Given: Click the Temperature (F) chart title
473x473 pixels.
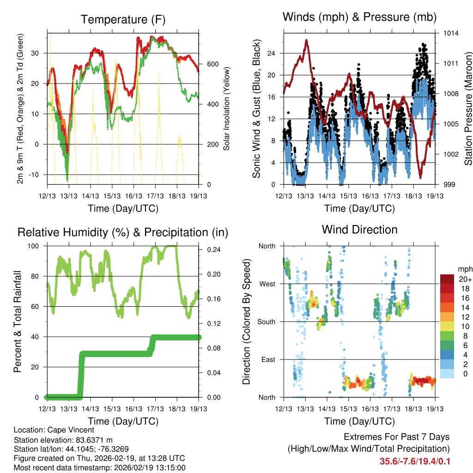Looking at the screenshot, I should pyautogui.click(x=123, y=20).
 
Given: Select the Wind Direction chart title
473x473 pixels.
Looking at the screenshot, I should pyautogui.click(x=359, y=230).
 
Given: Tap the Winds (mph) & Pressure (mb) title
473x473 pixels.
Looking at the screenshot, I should pyautogui.click(x=359, y=18).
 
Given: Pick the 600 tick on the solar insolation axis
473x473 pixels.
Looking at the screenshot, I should pyautogui.click(x=212, y=64).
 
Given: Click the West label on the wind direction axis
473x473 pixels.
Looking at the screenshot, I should pyautogui.click(x=268, y=284).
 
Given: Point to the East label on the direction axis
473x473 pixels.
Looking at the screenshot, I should pyautogui.click(x=268, y=359).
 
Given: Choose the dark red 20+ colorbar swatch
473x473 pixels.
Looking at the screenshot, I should pyautogui.click(x=448, y=279).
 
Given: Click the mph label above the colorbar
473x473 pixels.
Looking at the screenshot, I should pyautogui.click(x=464, y=269).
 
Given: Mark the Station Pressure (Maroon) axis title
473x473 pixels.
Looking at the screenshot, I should pyautogui.click(x=467, y=109).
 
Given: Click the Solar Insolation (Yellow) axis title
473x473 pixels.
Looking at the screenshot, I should pyautogui.click(x=227, y=109).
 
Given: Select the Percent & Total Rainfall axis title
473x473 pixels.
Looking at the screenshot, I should pyautogui.click(x=18, y=322).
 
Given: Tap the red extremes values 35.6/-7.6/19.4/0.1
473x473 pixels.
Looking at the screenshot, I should pyautogui.click(x=415, y=461).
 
